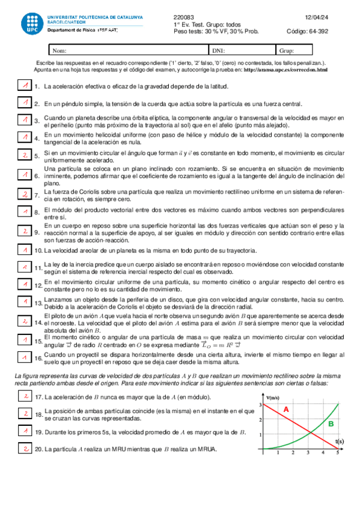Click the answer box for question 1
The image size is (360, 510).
[25, 86]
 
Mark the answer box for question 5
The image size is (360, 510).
[25, 155]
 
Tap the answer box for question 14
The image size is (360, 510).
[25, 322]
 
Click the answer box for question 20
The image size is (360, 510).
[25, 448]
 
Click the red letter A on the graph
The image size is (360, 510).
[287, 410]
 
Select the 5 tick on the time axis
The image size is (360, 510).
[337, 453]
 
